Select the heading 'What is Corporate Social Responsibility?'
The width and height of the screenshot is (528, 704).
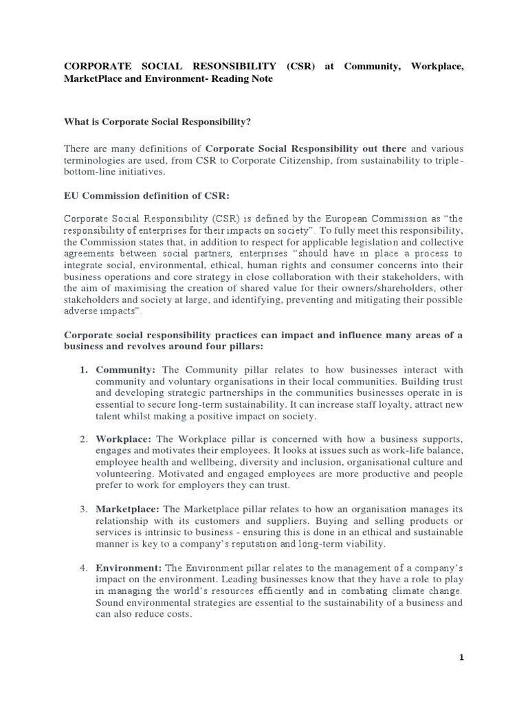[x=157, y=122]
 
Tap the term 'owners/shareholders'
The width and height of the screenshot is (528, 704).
[x=399, y=288]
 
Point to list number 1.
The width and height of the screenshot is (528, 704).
[x=83, y=370]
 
